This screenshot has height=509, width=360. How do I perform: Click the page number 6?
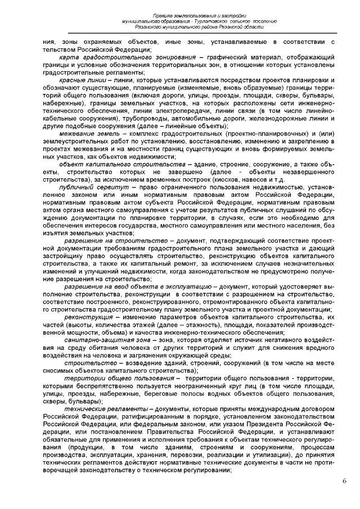343,481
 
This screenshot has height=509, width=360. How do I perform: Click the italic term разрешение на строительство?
111,241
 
